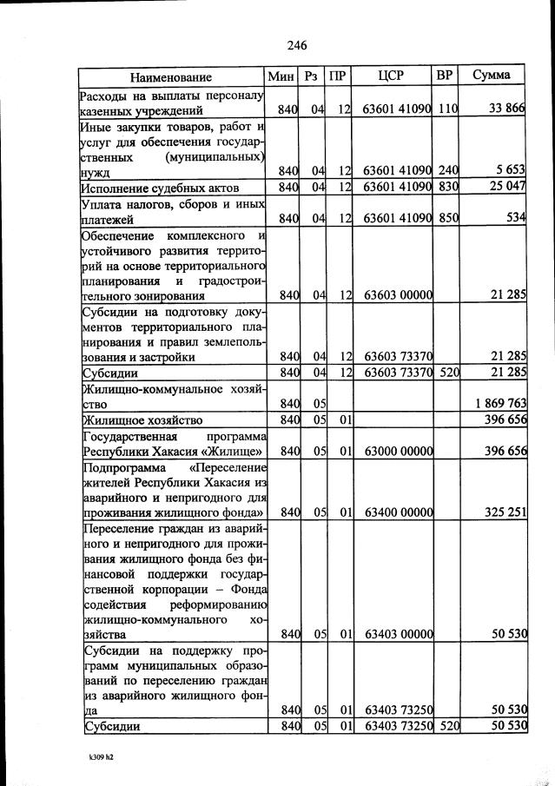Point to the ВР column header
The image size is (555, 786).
[444, 76]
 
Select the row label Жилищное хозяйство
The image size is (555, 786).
[142, 420]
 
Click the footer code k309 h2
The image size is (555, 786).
[101, 756]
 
